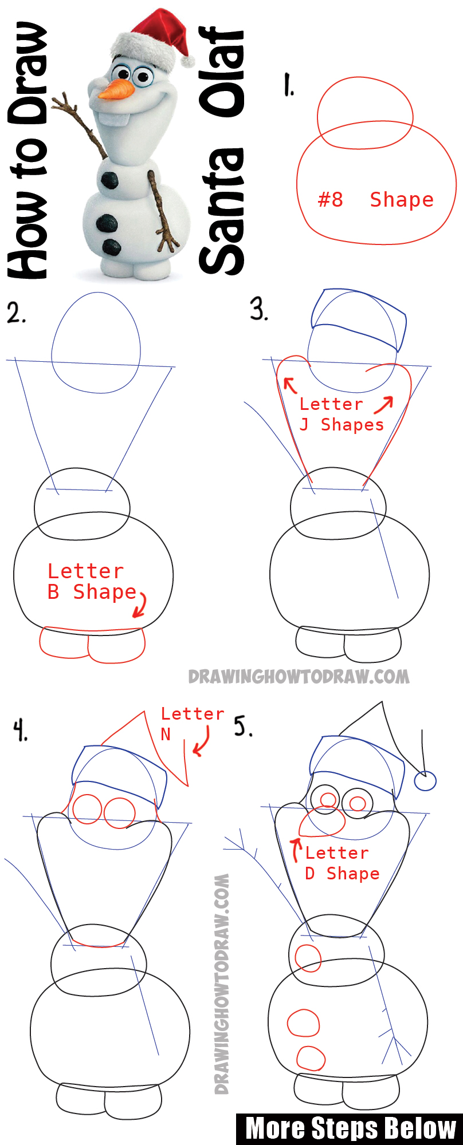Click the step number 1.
(289, 85)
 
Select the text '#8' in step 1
(331, 200)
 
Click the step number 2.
(15, 313)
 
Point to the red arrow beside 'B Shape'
(140, 605)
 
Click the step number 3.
(259, 309)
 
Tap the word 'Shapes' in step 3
(352, 425)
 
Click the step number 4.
(21, 731)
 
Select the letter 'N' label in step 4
(166, 735)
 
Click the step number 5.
(243, 727)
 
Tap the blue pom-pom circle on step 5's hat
(425, 781)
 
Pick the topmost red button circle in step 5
(308, 958)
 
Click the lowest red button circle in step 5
(311, 1058)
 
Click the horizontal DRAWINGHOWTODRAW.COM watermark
(299, 677)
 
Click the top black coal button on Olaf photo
(110, 180)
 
